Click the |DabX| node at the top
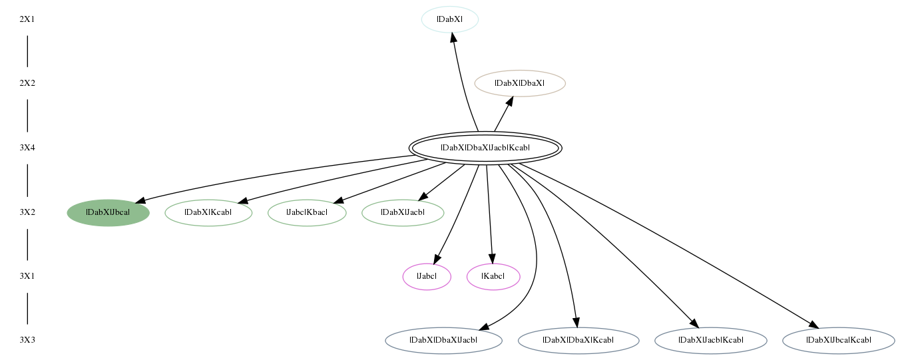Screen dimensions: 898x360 [450, 19]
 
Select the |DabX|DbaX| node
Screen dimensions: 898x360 [520, 83]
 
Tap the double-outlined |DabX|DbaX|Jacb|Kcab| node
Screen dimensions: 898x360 [485, 148]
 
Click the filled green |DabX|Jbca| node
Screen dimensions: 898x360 [109, 212]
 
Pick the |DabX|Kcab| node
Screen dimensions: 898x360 [208, 212]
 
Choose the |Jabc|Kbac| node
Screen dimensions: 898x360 [307, 212]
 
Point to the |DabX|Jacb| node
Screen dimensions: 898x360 [403, 212]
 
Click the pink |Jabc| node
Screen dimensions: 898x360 [427, 277]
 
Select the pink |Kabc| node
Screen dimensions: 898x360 [493, 277]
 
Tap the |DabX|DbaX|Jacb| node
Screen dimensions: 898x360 [444, 340]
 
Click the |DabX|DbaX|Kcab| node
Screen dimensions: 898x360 [578, 340]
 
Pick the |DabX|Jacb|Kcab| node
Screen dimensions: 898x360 [711, 340]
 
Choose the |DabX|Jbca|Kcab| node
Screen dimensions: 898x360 [839, 340]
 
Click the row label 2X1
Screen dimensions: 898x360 [27, 19]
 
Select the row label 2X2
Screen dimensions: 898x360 [27, 83]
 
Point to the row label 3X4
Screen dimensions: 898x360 [27, 148]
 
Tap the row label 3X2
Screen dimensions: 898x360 [27, 212]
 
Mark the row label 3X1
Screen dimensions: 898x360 [27, 276]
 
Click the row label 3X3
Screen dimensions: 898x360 [27, 340]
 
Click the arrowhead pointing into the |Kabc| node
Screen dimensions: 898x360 [492, 259]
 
